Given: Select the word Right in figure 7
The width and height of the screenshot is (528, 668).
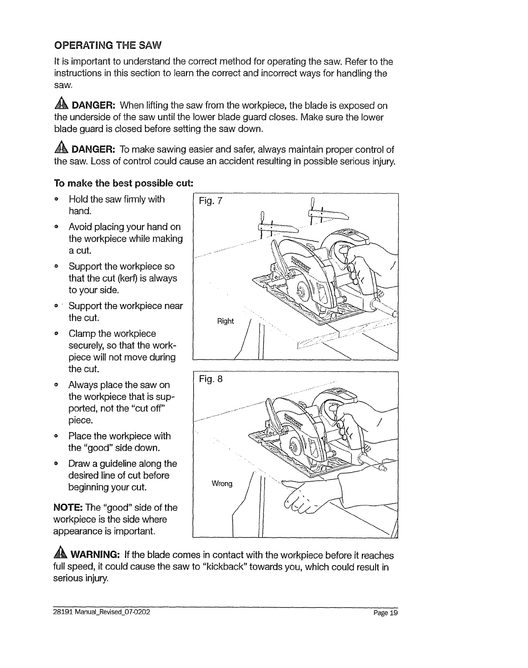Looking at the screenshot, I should point(225,321).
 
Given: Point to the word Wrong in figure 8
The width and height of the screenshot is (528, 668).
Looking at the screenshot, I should point(222,484).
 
